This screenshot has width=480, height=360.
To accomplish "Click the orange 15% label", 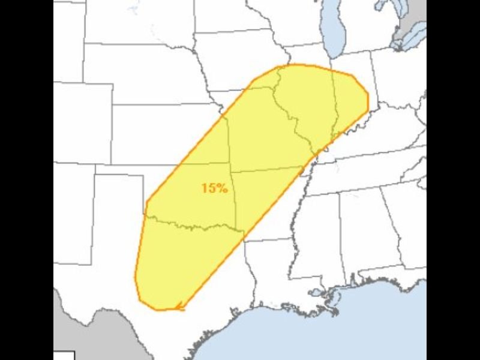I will point(214,188).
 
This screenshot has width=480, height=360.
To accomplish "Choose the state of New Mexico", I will point(72,210).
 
